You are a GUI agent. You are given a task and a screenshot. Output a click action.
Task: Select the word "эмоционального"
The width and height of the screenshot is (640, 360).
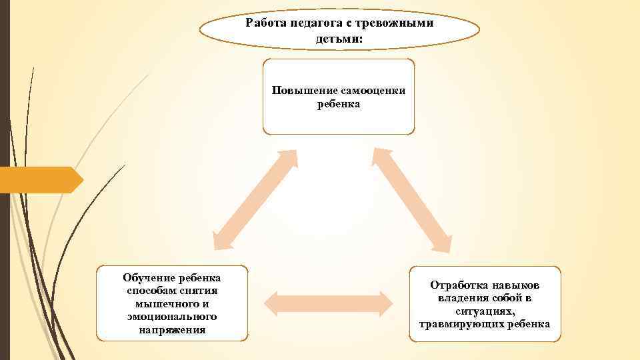pyautogui.click(x=173, y=316)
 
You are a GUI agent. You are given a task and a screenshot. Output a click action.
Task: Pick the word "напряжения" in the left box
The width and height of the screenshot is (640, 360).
pyautogui.click(x=173, y=329)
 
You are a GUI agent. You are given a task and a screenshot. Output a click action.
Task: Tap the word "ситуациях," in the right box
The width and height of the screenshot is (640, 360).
pyautogui.click(x=485, y=311)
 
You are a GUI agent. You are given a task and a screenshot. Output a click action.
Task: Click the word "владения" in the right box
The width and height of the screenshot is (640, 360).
pyautogui.click(x=461, y=298)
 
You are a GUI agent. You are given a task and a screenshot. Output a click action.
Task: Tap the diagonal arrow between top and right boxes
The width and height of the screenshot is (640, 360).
pyautogui.click(x=412, y=200)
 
